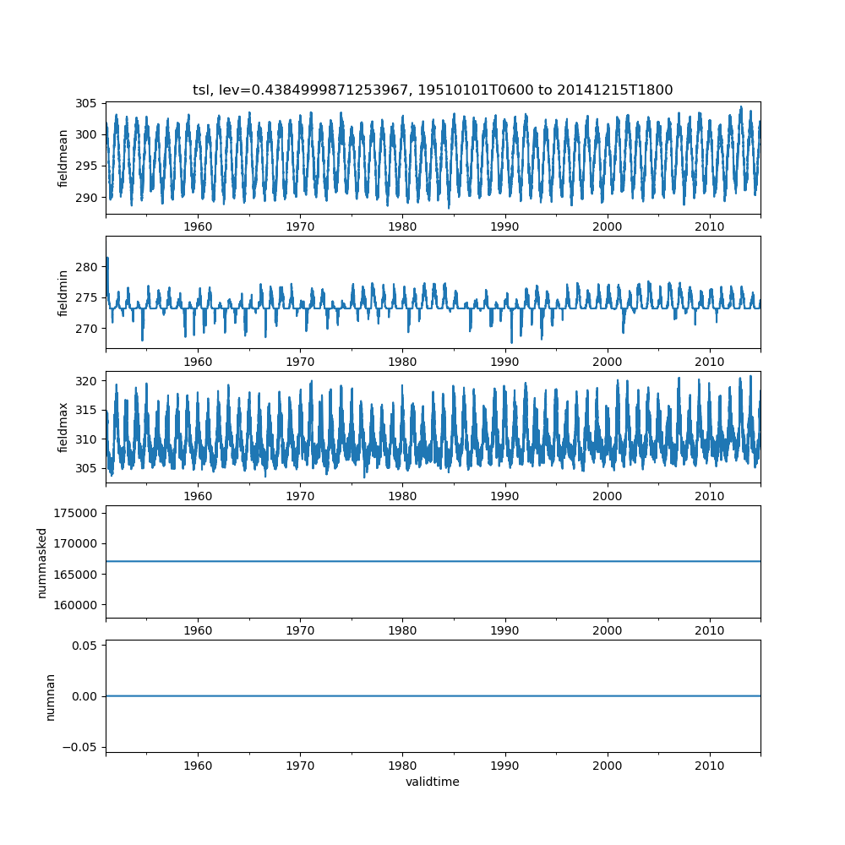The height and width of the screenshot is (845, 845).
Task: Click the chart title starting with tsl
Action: click(433, 90)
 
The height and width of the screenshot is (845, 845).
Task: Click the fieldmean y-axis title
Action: click(63, 158)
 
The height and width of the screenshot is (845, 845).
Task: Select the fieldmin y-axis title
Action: click(63, 292)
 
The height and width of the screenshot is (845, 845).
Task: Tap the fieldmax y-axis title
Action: click(63, 428)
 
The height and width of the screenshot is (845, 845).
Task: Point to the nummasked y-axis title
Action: click(42, 562)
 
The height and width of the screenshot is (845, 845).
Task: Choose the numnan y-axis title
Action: click(50, 696)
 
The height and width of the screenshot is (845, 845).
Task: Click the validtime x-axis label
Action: click(433, 782)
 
